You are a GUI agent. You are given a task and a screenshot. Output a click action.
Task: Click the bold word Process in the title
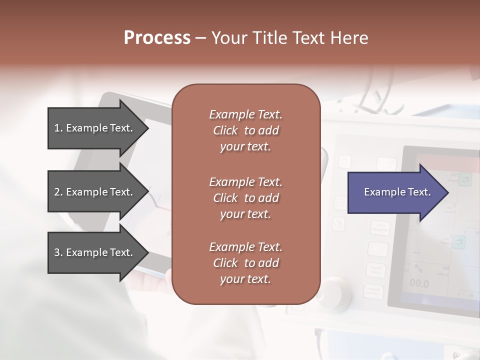(x=157, y=38)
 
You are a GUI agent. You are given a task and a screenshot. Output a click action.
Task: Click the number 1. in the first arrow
(x=58, y=128)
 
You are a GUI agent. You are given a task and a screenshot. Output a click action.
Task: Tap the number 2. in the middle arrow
(x=58, y=192)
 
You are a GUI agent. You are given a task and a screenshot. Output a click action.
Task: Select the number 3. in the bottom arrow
(x=58, y=252)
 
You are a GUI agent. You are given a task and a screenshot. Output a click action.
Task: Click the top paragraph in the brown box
(x=245, y=130)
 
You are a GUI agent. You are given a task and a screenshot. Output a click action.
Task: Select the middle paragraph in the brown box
(x=245, y=197)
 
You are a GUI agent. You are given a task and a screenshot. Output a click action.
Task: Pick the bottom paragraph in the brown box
(x=245, y=263)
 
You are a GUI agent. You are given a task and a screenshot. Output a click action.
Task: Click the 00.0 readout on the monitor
(x=419, y=284)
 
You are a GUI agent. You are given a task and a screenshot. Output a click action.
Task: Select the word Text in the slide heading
(x=307, y=38)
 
